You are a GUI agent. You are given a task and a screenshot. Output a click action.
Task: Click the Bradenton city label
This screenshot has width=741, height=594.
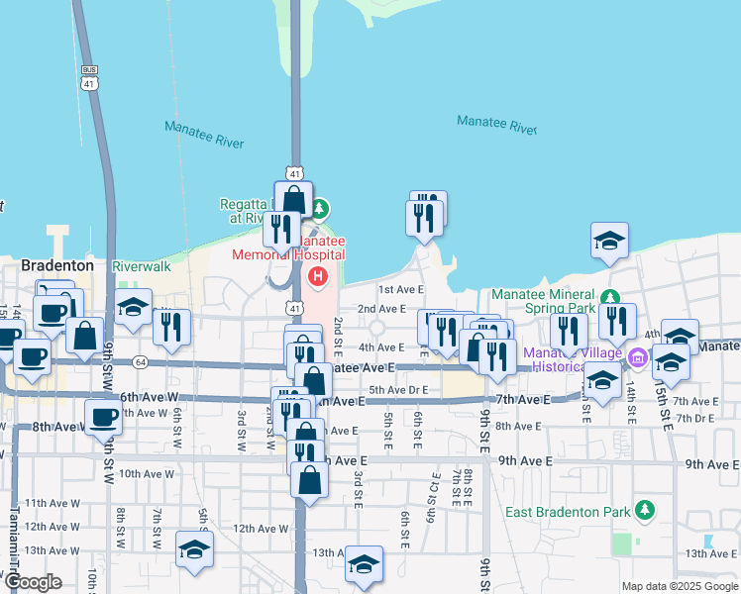pyautogui.click(x=57, y=266)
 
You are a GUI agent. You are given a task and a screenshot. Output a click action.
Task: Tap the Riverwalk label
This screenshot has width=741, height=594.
pyautogui.click(x=142, y=266)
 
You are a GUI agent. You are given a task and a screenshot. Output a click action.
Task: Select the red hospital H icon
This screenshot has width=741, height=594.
pyautogui.click(x=318, y=275)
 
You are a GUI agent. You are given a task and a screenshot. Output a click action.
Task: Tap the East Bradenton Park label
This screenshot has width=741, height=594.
pyautogui.click(x=569, y=512)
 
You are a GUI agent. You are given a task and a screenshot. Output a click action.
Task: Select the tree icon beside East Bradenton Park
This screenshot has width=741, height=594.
pyautogui.click(x=645, y=510)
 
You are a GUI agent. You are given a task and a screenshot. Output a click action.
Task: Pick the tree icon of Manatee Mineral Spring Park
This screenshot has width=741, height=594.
pyautogui.click(x=611, y=296)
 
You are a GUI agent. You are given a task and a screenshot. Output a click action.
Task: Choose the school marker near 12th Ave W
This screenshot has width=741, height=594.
pyautogui.click(x=194, y=550)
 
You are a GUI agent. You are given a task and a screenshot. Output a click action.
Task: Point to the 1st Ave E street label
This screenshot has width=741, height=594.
pyautogui.click(x=400, y=289)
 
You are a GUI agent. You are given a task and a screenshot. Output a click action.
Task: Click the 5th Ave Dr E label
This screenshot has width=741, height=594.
pyautogui.click(x=398, y=390)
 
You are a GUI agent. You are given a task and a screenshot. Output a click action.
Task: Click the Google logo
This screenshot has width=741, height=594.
pyautogui.click(x=34, y=582)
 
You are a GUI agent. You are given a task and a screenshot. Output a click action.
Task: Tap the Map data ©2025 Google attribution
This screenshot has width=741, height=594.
pyautogui.click(x=679, y=586)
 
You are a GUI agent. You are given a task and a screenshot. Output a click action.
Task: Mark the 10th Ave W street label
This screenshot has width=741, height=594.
pyautogui.click(x=148, y=474)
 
